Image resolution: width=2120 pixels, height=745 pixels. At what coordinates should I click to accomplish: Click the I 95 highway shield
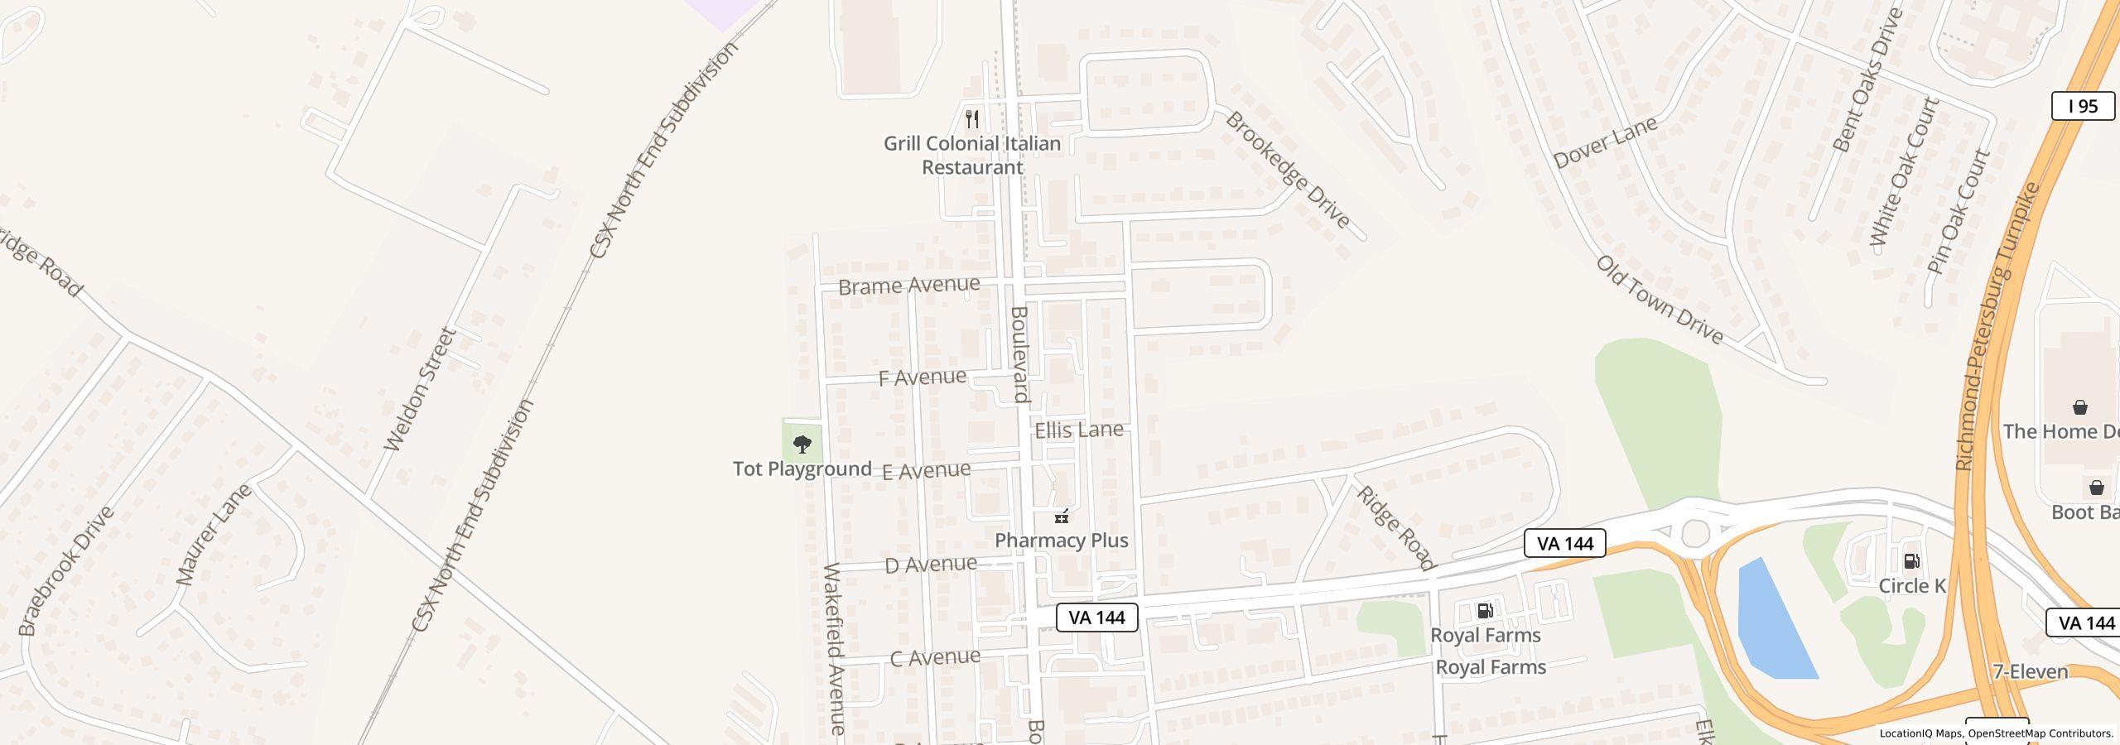point(2083,106)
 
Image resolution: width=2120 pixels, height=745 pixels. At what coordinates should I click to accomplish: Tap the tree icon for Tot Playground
point(802,445)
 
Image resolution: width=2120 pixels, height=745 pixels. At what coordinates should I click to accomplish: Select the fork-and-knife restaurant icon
point(972,118)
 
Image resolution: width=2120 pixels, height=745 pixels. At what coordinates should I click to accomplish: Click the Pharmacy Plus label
point(1061,541)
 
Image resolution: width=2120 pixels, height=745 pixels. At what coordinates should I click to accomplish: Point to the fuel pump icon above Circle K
point(1911,561)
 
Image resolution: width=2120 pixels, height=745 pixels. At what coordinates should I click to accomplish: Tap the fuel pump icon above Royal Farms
point(1485,611)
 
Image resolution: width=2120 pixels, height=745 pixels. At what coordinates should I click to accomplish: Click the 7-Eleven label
point(2030,671)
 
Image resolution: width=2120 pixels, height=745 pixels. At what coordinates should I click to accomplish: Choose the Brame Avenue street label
point(908,286)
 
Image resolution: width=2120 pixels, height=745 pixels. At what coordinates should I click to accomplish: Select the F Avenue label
point(922,377)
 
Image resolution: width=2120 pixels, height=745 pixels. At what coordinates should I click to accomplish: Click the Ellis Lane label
point(1078,430)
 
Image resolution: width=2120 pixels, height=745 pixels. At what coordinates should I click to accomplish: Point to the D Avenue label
point(930,565)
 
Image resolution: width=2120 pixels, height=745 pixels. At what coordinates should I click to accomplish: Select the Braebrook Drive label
point(65,571)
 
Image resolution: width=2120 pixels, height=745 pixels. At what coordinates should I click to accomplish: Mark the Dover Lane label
point(1605,142)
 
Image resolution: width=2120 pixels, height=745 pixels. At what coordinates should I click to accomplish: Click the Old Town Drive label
point(1659,300)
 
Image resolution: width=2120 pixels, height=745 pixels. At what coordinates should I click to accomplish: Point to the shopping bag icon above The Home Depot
point(2079,407)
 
